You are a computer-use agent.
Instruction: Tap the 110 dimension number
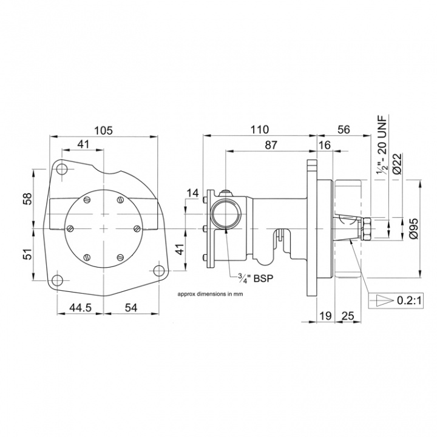259,130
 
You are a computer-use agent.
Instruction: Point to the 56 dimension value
344,130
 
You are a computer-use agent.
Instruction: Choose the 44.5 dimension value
80,308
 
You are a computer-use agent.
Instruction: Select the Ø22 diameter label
397,163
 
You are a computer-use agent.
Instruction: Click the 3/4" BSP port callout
254,280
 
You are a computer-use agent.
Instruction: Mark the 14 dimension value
192,193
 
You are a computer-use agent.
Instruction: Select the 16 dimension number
324,145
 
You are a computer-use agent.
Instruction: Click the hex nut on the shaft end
367,229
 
